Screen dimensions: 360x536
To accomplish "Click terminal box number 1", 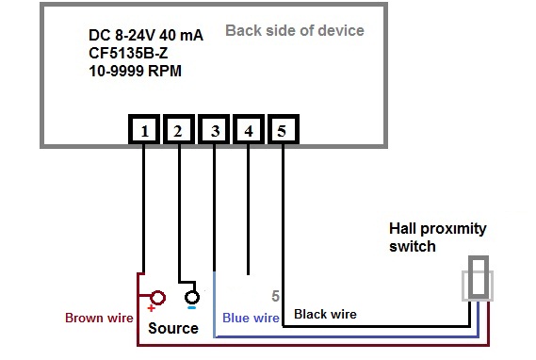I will (x=144, y=131).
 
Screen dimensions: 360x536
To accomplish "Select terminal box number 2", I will (x=179, y=131).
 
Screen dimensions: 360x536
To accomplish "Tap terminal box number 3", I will (x=215, y=131).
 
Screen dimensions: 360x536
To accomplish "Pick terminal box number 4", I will (x=248, y=131).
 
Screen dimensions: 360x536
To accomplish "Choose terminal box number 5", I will (x=283, y=131).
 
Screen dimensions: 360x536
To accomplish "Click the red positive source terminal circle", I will (x=157, y=299).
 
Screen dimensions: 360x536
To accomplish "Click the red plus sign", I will (x=149, y=309).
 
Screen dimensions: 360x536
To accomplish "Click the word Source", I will (x=173, y=328).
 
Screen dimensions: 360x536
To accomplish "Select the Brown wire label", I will (x=99, y=318).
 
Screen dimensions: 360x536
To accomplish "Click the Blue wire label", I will (x=250, y=319).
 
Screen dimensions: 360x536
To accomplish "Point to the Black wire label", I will (x=325, y=314).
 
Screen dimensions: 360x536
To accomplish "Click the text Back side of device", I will (x=294, y=30).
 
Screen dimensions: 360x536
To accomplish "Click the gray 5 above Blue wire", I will (x=275, y=295).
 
